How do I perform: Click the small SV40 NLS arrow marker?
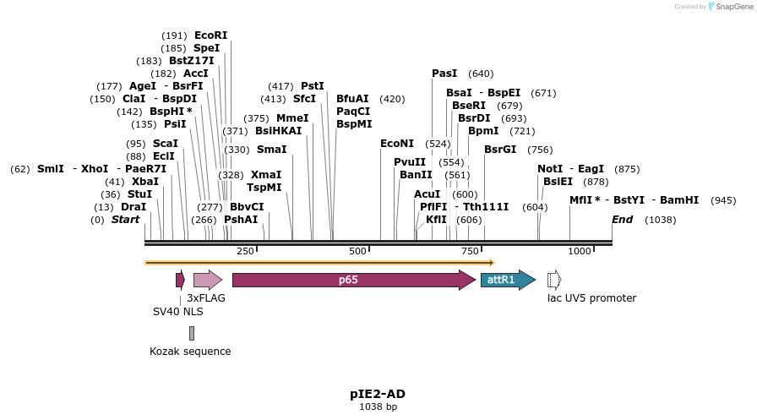tap(180, 280)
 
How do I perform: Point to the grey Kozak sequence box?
tap(192, 333)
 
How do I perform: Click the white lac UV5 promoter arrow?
tap(554, 280)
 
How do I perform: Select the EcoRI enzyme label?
tap(210, 35)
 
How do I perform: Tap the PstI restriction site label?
tap(313, 86)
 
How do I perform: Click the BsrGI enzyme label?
tap(500, 150)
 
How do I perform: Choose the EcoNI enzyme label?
tap(397, 144)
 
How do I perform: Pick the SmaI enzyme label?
tap(271, 150)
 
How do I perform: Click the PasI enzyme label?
tap(444, 74)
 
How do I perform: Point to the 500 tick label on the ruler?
tap(357, 252)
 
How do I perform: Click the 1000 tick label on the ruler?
tap(580, 252)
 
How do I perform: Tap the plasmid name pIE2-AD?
tap(378, 394)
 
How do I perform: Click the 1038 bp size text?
tap(378, 407)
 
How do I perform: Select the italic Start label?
tap(125, 220)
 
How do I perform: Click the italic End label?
tap(622, 220)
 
